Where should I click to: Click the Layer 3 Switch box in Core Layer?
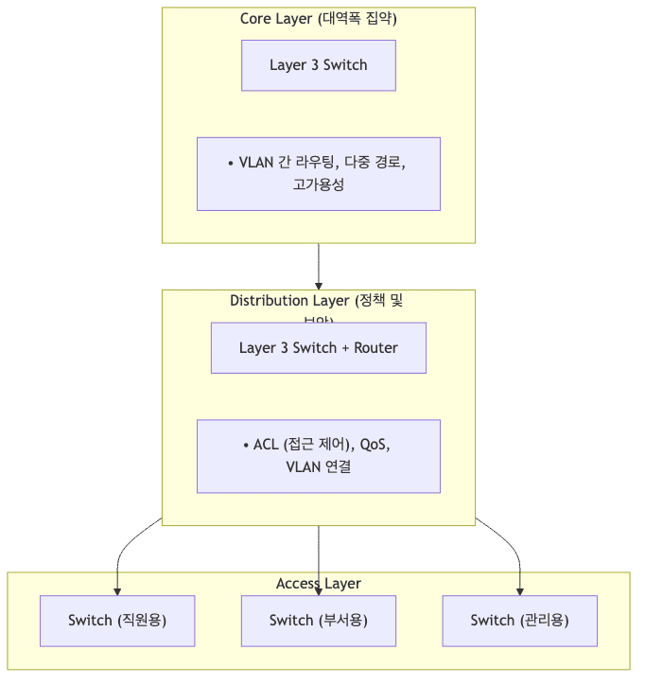point(318,65)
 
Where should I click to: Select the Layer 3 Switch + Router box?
point(318,347)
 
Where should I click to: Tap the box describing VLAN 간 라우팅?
point(318,173)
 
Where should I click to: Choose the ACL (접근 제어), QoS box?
point(318,455)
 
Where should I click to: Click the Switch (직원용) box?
point(117,620)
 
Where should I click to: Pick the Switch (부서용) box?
point(318,620)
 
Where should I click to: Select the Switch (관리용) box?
point(519,620)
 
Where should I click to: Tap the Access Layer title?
point(318,584)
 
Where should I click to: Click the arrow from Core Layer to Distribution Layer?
point(319,267)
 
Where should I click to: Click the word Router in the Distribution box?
point(375,347)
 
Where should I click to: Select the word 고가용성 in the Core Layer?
point(319,184)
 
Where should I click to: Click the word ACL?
point(266,445)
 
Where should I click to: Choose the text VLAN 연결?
point(318,466)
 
